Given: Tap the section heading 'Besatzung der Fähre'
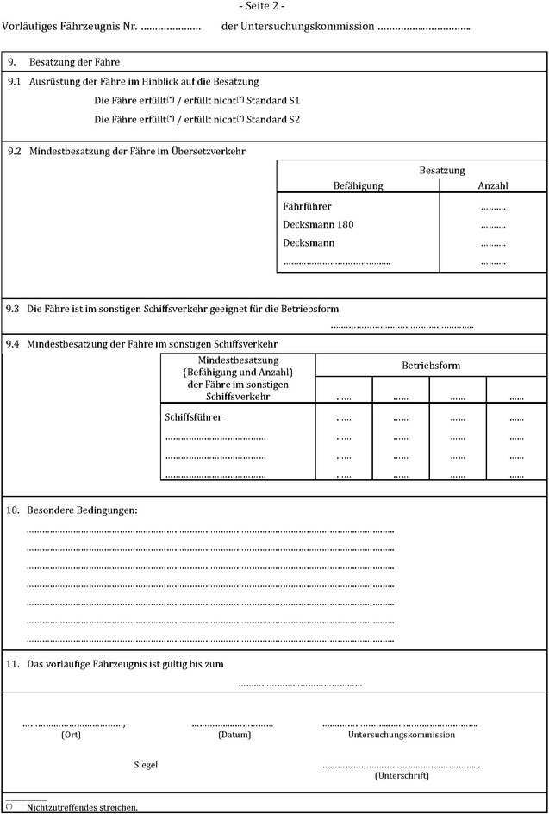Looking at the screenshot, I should pyautogui.click(x=74, y=63).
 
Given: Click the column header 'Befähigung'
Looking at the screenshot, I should pyautogui.click(x=358, y=185).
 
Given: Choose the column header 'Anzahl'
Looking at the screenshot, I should pyautogui.click(x=492, y=185).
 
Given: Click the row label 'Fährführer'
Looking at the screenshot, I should pyautogui.click(x=307, y=206).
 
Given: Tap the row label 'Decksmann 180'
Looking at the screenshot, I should pyautogui.click(x=318, y=224).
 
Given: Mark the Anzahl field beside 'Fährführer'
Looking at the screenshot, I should pyautogui.click(x=493, y=207).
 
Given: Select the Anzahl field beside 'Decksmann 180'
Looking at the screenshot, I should pyautogui.click(x=493, y=225).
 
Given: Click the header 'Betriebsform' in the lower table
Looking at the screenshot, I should pyautogui.click(x=431, y=366).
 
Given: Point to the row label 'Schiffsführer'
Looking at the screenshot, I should pyautogui.click(x=193, y=417).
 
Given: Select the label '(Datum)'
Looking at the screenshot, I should pyautogui.click(x=234, y=736).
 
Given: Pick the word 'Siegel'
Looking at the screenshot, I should pyautogui.click(x=146, y=765).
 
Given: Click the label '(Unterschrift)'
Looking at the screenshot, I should pyautogui.click(x=402, y=775).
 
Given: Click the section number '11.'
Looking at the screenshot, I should pyautogui.click(x=13, y=664).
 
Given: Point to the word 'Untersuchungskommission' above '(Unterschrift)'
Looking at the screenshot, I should pyautogui.click(x=402, y=736).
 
